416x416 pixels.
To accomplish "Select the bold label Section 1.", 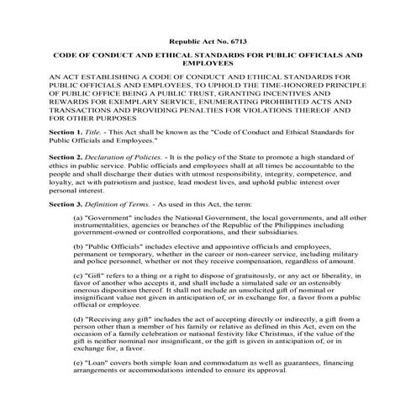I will pyautogui.click(x=44, y=133).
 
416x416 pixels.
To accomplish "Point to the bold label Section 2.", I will pyautogui.click(x=44, y=156).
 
